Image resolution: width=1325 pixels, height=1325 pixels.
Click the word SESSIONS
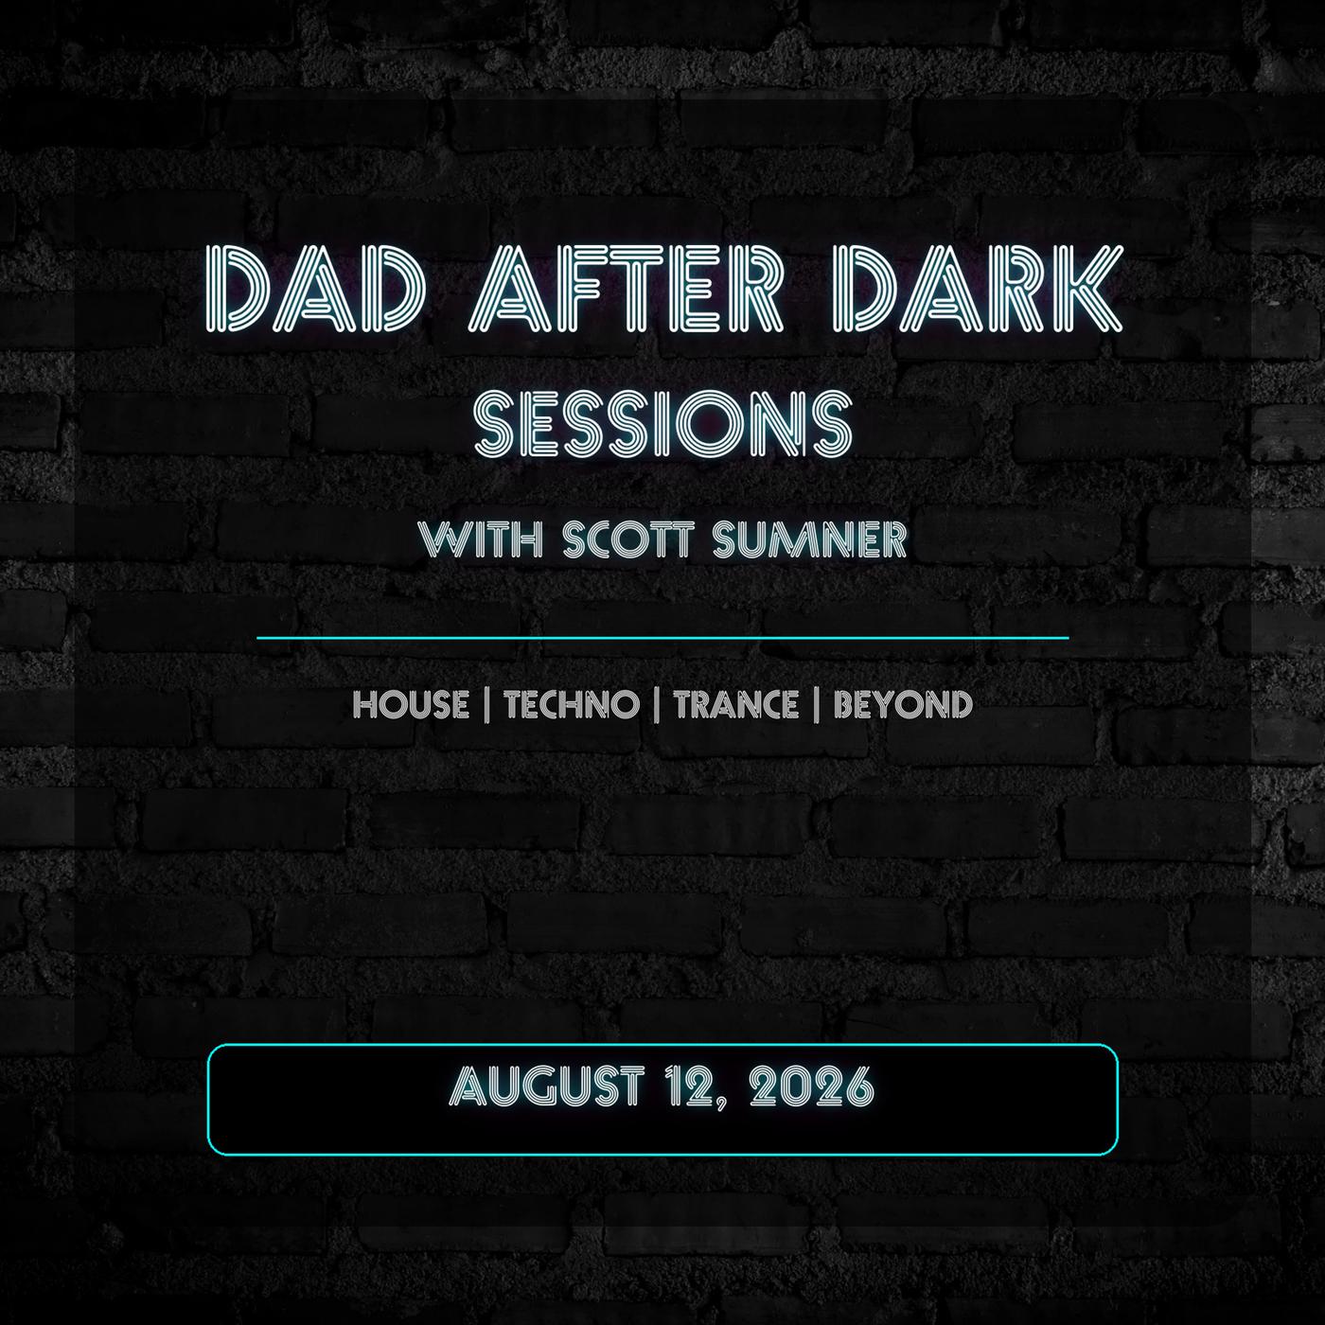pos(663,423)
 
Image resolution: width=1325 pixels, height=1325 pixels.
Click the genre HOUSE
pos(411,705)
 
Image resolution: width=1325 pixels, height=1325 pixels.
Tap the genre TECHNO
pos(572,705)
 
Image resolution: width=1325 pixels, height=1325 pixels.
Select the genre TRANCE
pos(735,705)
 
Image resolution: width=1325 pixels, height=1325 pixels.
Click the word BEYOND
pos(904,705)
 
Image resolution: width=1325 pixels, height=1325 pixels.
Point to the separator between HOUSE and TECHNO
pos(486,705)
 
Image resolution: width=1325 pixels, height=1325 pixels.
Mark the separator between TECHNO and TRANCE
pos(657,705)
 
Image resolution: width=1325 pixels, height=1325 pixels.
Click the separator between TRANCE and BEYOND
pos(816,705)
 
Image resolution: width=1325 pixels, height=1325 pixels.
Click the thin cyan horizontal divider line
pos(662,637)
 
